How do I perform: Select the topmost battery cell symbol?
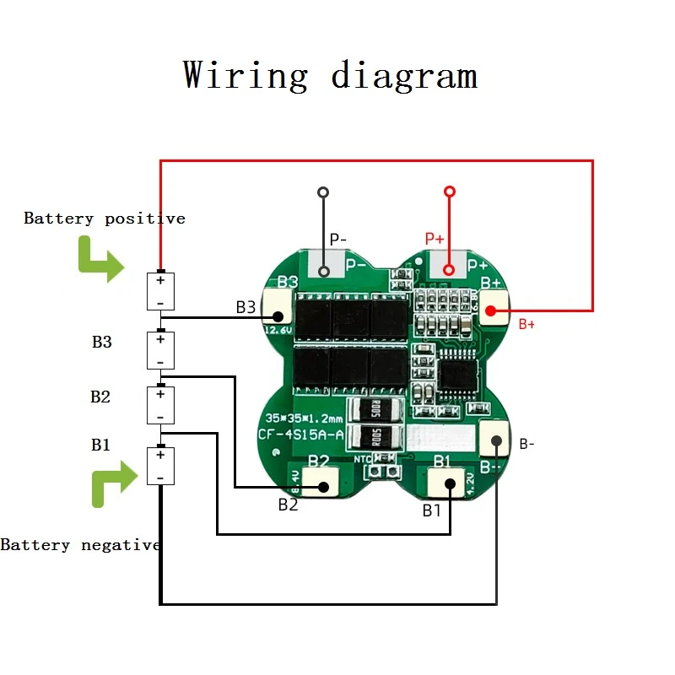click(x=160, y=291)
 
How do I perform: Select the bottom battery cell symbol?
click(x=160, y=466)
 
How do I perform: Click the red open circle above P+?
click(x=450, y=192)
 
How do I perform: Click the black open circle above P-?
click(x=323, y=192)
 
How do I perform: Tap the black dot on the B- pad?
click(x=496, y=440)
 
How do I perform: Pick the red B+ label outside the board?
click(x=526, y=324)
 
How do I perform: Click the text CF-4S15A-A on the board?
click(x=300, y=435)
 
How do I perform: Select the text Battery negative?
click(x=80, y=545)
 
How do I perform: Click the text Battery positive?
click(x=104, y=219)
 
